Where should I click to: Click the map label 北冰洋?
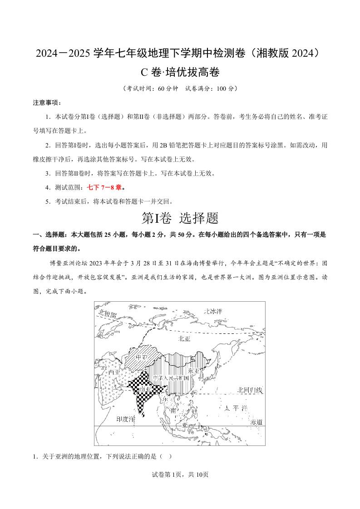click(213, 311)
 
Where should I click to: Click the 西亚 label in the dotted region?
click(114, 372)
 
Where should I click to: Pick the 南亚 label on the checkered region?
click(145, 389)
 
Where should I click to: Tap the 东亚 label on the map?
click(194, 371)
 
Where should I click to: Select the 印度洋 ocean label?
click(125, 419)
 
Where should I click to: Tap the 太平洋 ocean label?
click(236, 408)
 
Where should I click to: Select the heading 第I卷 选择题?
click(180, 218)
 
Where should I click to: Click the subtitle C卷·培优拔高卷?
click(180, 72)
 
